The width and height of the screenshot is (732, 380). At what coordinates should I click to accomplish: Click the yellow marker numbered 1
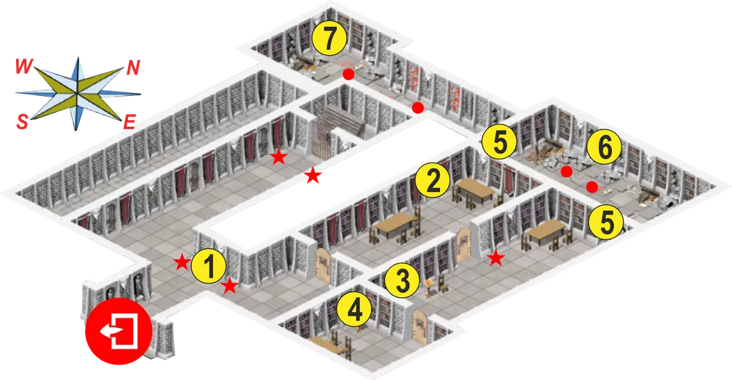(x=209, y=266)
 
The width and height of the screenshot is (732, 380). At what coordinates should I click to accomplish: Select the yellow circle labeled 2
(x=433, y=179)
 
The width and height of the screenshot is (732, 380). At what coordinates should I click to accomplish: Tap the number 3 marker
(x=401, y=280)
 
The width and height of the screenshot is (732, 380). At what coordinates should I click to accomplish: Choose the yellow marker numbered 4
(x=355, y=310)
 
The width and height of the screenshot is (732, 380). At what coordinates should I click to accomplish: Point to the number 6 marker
(x=605, y=147)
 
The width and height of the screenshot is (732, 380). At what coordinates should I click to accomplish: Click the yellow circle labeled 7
(x=329, y=38)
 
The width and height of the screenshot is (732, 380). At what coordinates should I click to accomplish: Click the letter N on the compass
(x=133, y=68)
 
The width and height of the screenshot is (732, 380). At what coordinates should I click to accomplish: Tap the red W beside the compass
(x=23, y=67)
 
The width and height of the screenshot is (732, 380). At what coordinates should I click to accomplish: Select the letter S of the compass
(x=22, y=122)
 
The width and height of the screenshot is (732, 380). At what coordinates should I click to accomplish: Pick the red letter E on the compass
(x=130, y=122)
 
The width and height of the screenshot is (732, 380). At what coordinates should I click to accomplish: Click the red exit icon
(x=119, y=331)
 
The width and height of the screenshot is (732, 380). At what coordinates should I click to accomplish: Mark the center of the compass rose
(x=77, y=94)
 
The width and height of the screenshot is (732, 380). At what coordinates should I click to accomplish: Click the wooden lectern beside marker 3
(x=430, y=288)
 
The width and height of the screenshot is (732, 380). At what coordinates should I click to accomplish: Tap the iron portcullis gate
(x=321, y=135)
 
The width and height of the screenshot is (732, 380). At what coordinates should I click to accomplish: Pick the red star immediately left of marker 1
(x=181, y=262)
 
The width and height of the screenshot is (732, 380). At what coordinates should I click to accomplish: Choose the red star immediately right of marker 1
(x=229, y=286)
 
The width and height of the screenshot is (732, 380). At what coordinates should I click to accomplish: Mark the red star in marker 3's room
(x=496, y=258)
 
